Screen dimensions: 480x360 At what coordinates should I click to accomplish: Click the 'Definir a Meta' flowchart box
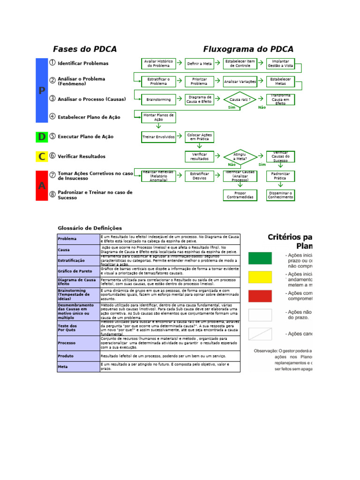coord(199,63)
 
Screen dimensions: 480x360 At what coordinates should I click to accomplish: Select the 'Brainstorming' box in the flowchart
coord(158,99)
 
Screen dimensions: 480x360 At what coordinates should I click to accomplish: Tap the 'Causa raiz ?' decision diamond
coord(240,100)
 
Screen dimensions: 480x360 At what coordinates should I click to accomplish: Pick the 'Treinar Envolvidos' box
coord(158,137)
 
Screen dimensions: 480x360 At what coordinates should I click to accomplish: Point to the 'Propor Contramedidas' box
coord(240,195)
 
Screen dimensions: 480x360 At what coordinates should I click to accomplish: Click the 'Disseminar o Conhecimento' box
coord(280,195)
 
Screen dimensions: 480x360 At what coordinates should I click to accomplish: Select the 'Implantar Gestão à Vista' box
coord(280,63)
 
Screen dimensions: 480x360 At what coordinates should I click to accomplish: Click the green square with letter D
coord(42,137)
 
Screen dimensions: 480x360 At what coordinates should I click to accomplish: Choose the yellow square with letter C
coord(42,157)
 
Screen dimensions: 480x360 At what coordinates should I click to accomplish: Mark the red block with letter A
coord(42,185)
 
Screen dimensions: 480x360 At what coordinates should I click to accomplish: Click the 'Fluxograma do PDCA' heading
coord(248,49)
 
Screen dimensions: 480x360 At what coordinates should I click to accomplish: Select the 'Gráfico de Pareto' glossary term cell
coord(78,271)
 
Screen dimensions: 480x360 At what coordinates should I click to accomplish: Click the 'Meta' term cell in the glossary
coord(78,367)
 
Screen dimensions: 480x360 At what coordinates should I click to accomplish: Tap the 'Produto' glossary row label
coord(78,356)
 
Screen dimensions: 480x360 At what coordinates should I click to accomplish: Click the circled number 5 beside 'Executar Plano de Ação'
coord(52,136)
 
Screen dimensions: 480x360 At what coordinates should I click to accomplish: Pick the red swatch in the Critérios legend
coord(260,296)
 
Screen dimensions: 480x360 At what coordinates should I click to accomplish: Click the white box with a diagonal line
coord(260,334)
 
